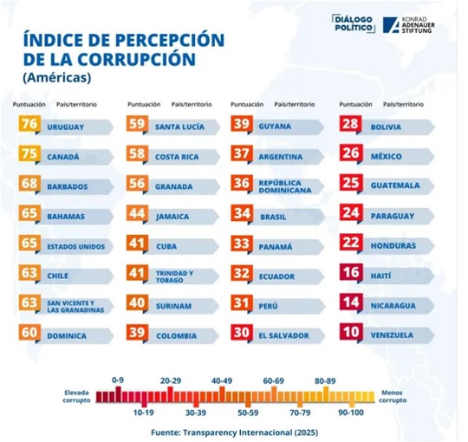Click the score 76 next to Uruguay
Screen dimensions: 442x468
(x=29, y=126)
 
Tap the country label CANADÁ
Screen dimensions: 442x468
(x=62, y=157)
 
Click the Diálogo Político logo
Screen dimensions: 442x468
(x=354, y=24)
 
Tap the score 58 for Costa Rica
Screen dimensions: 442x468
(x=137, y=156)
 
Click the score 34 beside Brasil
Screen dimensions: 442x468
(x=242, y=215)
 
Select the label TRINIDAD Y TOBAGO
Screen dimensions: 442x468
(x=174, y=275)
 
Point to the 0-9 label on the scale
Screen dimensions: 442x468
(x=119, y=380)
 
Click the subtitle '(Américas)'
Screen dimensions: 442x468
(x=53, y=77)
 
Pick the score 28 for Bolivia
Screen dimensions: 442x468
(x=350, y=126)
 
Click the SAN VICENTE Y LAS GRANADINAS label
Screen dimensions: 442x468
(x=76, y=305)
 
